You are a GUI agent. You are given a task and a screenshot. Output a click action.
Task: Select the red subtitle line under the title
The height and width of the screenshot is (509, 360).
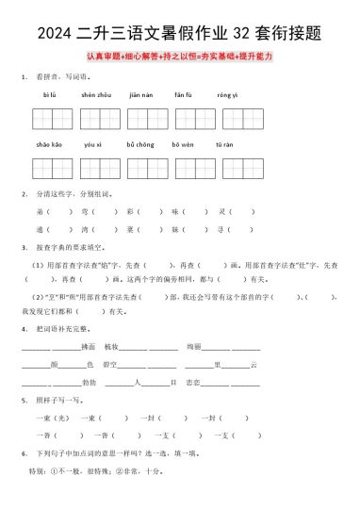tap(179, 57)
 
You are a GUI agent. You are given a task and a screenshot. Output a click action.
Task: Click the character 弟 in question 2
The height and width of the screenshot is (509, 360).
tap(40, 212)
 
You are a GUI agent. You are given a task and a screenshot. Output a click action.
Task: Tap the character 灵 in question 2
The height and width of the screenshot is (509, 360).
tap(220, 212)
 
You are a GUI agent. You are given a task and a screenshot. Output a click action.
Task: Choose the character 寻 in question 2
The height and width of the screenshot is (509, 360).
tap(220, 229)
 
